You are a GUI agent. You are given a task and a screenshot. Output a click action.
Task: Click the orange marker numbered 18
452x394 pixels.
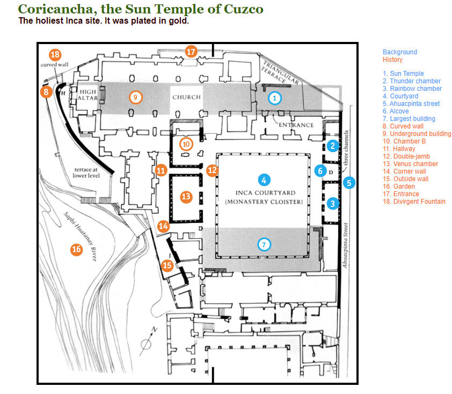pyautogui.click(x=55, y=55)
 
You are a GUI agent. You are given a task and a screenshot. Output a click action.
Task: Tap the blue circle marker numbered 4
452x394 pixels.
pyautogui.click(x=264, y=180)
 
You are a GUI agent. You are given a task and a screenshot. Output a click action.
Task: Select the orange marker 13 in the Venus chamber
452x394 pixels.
pyautogui.click(x=186, y=197)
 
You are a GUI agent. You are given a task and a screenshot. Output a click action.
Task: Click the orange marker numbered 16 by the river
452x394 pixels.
pyautogui.click(x=77, y=249)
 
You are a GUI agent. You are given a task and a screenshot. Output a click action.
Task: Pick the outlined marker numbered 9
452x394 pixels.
pyautogui.click(x=136, y=97)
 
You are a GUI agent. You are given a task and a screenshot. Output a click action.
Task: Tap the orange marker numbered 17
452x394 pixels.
pyautogui.click(x=192, y=52)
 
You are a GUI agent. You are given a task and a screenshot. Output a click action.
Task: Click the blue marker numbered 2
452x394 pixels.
pyautogui.click(x=333, y=146)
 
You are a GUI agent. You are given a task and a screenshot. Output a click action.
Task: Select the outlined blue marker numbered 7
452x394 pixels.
pyautogui.click(x=264, y=245)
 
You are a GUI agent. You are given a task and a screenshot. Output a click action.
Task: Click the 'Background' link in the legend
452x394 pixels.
pyautogui.click(x=399, y=52)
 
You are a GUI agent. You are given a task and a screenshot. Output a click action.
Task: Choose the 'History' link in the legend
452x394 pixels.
pyautogui.click(x=392, y=60)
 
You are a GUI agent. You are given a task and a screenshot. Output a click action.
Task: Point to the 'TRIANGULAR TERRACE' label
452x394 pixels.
pyautogui.click(x=280, y=76)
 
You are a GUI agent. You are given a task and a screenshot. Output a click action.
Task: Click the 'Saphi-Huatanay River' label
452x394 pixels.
pyautogui.click(x=79, y=237)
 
